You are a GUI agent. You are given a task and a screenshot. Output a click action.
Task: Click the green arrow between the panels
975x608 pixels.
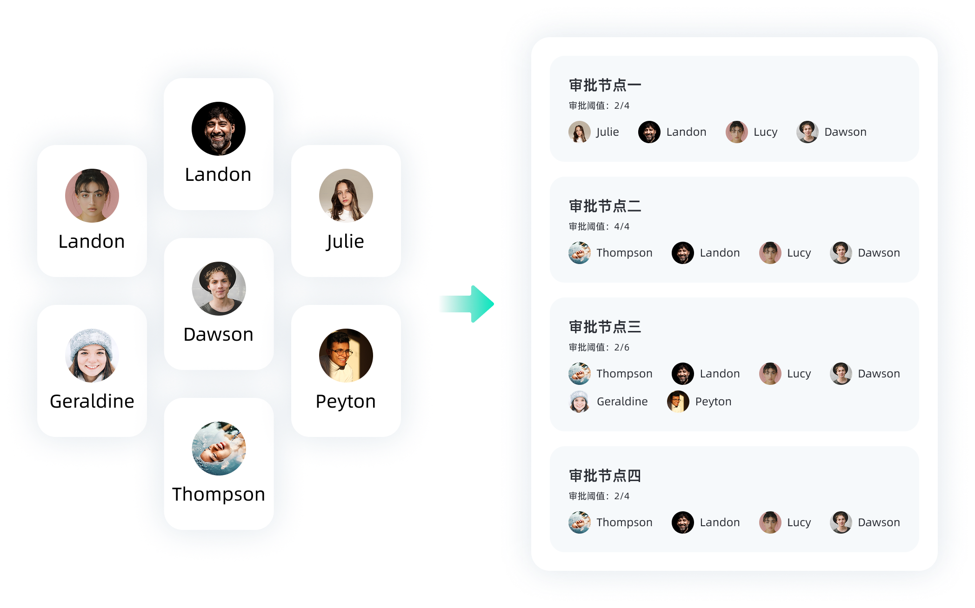[467, 304]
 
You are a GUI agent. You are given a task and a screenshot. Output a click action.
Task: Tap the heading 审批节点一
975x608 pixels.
[605, 86]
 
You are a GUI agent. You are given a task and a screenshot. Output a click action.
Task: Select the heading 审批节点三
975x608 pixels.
[605, 327]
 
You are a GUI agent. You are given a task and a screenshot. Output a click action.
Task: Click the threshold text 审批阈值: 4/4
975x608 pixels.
[599, 227]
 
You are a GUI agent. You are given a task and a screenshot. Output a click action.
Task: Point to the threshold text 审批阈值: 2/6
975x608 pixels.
[599, 348]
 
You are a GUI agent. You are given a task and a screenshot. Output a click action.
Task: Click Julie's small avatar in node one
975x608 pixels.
[579, 132]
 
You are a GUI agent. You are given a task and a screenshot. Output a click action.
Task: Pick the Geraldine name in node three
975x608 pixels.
[622, 402]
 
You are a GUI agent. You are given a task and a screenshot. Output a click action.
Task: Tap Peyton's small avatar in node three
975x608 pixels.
[678, 402]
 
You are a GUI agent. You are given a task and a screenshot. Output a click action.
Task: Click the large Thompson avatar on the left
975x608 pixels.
[219, 448]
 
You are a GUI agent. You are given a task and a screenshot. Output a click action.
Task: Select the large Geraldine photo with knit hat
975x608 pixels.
[92, 356]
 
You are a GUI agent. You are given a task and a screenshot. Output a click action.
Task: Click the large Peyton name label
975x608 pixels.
[346, 402]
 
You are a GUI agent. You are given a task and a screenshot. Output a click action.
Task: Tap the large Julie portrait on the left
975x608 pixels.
[346, 196]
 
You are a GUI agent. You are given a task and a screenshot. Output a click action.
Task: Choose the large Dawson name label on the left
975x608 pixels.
[219, 335]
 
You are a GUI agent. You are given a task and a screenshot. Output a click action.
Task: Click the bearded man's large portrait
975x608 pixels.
[219, 129]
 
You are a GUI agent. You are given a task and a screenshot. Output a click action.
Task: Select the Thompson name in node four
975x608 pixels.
[624, 522]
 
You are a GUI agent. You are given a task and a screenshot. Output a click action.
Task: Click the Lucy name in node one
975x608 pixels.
[765, 132]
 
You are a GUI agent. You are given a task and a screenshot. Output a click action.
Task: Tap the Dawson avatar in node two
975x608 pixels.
[841, 253]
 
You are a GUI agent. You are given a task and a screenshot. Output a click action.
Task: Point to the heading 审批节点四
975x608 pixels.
[605, 476]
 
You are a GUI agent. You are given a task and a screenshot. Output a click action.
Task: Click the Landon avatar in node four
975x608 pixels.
[682, 522]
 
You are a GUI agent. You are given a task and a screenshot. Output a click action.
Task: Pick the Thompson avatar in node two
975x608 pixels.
[579, 253]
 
